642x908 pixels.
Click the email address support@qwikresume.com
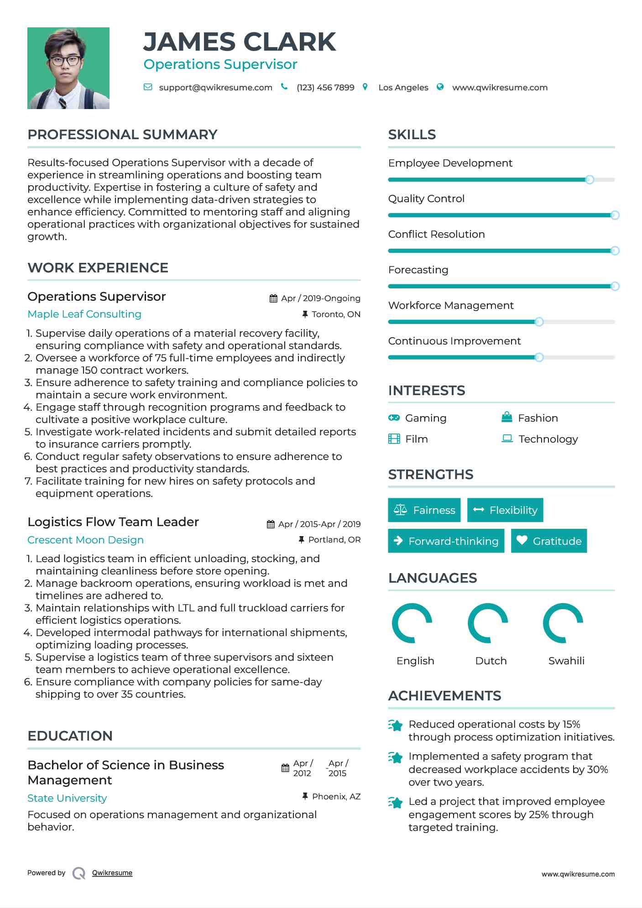click(215, 88)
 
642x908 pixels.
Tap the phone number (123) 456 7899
click(325, 88)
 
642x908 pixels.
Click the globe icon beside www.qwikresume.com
click(440, 87)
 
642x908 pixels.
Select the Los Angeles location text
click(403, 88)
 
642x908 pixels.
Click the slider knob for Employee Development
click(590, 180)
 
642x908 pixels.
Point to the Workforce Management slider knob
click(539, 322)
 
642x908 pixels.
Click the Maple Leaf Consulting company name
click(84, 314)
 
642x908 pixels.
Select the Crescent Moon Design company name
click(85, 540)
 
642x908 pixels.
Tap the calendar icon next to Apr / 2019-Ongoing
click(273, 298)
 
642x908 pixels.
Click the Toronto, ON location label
click(336, 314)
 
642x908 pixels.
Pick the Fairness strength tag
click(424, 510)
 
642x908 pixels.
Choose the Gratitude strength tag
click(549, 541)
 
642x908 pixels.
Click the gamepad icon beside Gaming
click(394, 417)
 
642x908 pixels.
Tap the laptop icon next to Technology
click(507, 438)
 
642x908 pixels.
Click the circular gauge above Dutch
click(488, 623)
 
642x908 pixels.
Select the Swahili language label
click(566, 661)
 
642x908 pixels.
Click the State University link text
click(67, 798)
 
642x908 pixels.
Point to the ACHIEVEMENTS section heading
click(444, 695)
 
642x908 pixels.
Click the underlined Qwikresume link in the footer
click(112, 873)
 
